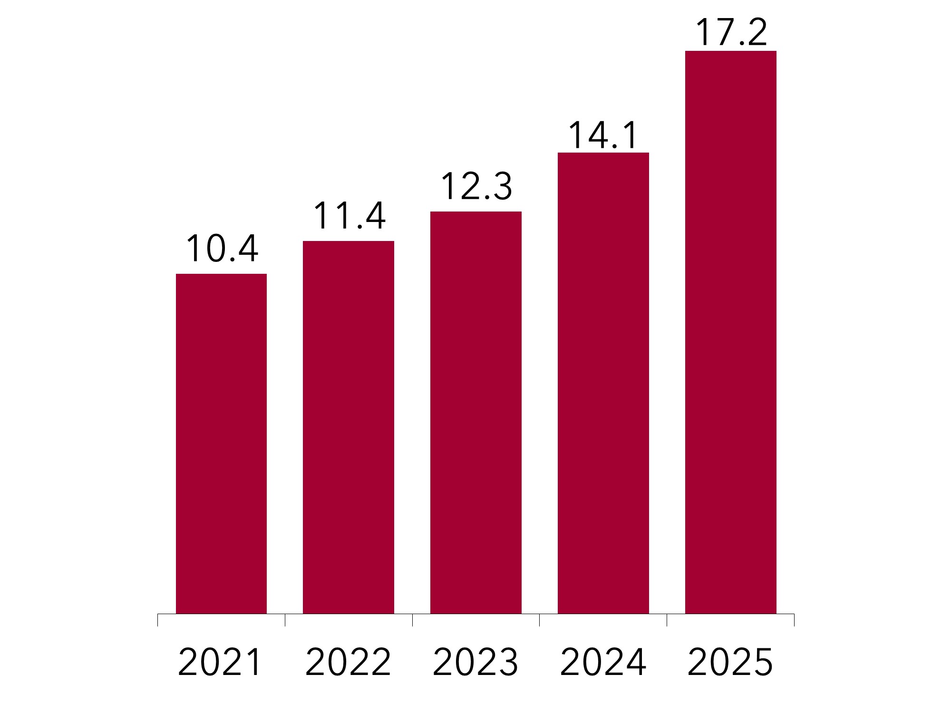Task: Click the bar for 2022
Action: coord(349,427)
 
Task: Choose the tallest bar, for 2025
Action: coord(730,332)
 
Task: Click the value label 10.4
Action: coord(222,249)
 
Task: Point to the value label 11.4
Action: coord(349,216)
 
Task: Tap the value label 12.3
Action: coord(476,186)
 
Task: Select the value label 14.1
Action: coord(603,135)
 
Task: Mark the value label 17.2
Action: coord(731,33)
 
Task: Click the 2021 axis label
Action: coord(220,662)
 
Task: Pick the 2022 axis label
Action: coord(348,662)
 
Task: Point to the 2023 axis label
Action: coord(475,662)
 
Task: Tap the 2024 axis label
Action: coord(603,662)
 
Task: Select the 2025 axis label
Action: coord(730,662)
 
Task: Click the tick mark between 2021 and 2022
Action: coord(285,620)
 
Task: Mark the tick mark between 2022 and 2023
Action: coord(412,620)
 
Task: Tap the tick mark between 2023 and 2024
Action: coord(539,620)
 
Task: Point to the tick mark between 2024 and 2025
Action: coord(667,620)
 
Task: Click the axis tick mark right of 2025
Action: coord(794,620)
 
